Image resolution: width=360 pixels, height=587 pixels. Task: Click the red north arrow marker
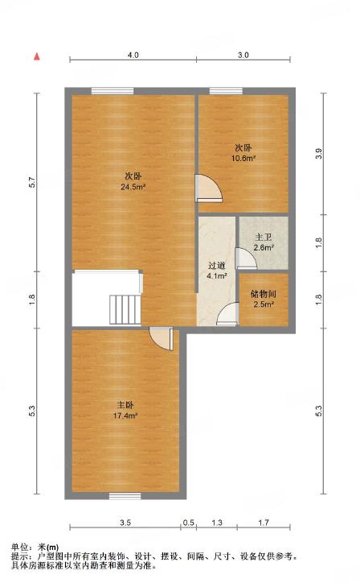click(x=37, y=56)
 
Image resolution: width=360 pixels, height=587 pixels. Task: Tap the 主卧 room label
click(x=125, y=405)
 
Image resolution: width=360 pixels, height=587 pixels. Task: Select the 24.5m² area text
click(x=133, y=187)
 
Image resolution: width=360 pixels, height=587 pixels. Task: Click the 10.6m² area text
click(x=243, y=158)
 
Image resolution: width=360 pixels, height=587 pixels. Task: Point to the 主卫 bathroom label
click(x=264, y=238)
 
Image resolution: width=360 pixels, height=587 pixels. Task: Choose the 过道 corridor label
click(x=217, y=267)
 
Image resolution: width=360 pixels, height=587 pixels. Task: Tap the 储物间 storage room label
click(x=264, y=294)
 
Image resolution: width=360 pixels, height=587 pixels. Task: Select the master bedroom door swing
click(x=162, y=339)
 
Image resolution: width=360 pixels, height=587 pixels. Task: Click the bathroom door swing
click(x=246, y=258)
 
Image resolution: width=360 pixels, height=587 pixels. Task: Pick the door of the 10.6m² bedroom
click(x=209, y=188)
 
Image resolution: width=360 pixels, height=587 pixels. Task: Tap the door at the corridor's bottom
click(x=227, y=314)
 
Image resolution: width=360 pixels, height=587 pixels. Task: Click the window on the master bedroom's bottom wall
click(x=125, y=496)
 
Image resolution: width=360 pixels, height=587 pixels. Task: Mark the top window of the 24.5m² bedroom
click(x=112, y=91)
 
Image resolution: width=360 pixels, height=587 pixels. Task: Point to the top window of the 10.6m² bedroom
click(x=226, y=91)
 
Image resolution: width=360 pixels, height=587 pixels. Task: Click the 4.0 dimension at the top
click(x=133, y=55)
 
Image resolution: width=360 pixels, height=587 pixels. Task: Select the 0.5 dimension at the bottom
click(x=189, y=523)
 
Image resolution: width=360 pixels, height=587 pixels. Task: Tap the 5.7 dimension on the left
click(x=32, y=182)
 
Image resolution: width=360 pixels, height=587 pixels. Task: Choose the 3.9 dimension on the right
click(x=318, y=154)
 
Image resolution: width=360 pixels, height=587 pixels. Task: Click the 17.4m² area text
click(x=125, y=415)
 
